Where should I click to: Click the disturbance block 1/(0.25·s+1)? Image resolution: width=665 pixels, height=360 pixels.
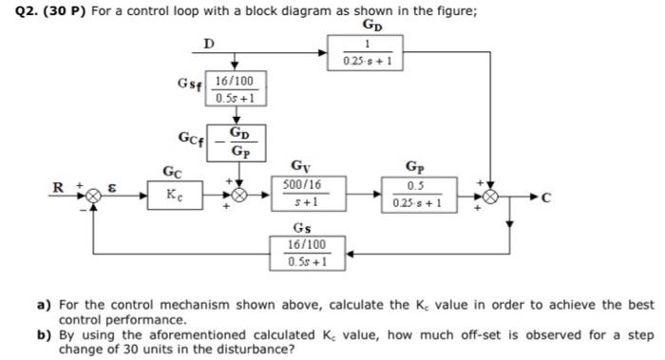point(367,54)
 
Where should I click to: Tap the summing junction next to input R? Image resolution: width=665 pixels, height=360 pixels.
point(93,195)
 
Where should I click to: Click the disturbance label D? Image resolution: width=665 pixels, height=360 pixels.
point(209,41)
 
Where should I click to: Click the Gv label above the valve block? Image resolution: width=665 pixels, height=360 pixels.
point(300,166)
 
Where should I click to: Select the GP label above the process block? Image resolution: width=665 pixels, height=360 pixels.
point(415,166)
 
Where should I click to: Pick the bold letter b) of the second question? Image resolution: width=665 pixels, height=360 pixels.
point(43,334)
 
